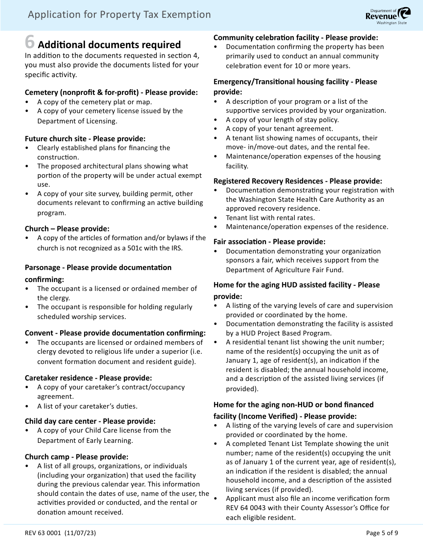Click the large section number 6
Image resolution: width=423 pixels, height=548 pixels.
coord(29,42)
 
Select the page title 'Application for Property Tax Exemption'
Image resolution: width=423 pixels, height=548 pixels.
coord(119,15)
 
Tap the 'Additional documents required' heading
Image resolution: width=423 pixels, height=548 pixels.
coord(110,45)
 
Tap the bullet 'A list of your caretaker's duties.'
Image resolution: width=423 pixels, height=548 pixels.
coord(87,406)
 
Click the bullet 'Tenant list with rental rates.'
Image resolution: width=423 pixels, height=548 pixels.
coord(270,218)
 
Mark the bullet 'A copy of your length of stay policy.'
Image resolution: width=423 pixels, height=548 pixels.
coord(282,119)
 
